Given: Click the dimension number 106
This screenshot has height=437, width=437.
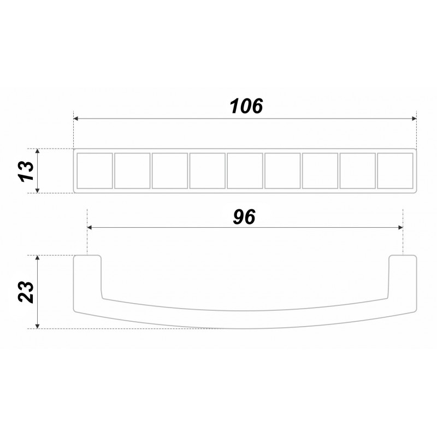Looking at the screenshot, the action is [x=246, y=106].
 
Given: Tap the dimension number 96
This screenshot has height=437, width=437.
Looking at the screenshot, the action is [x=244, y=217].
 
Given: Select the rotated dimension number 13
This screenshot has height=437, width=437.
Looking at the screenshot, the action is [x=26, y=171].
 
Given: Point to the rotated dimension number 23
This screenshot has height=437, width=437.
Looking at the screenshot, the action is [x=26, y=292].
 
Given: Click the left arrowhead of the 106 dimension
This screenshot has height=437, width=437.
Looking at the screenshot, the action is [x=75, y=119].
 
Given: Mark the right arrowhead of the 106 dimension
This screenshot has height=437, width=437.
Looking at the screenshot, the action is [x=414, y=119].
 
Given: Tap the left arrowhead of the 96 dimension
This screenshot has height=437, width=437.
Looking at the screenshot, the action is [x=90, y=228].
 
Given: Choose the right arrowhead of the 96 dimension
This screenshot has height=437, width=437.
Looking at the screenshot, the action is [x=400, y=228].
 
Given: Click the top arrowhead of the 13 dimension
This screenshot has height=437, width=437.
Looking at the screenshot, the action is [x=38, y=151].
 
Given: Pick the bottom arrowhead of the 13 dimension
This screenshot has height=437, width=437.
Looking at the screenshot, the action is [x=38, y=190].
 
